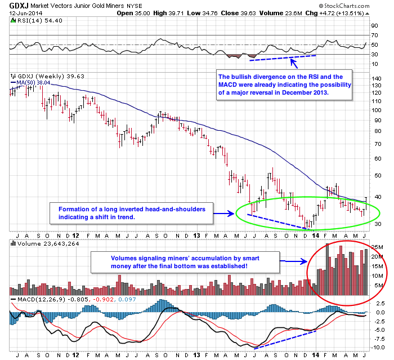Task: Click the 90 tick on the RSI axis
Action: point(374,26)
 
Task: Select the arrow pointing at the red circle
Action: point(293,261)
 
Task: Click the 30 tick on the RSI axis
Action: point(374,54)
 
